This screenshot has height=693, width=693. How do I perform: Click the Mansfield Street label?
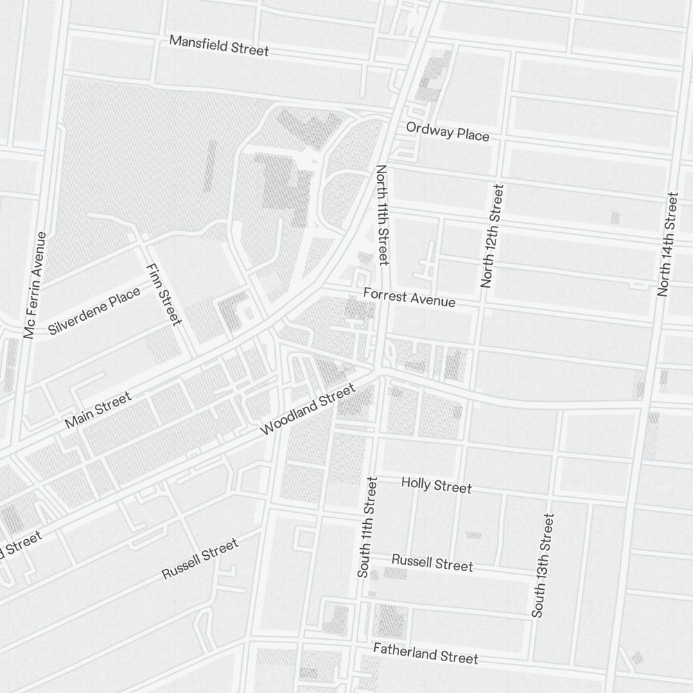click(219, 46)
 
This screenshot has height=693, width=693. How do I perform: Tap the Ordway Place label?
click(448, 131)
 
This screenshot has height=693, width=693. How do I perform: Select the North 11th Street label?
click(383, 215)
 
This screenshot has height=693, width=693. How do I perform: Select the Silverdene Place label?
click(94, 311)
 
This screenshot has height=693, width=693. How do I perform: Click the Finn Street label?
click(164, 294)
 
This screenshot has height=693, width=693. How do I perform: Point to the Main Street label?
click(98, 410)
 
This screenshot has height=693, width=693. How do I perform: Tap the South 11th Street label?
click(367, 527)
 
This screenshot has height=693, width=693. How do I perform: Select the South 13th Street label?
click(543, 565)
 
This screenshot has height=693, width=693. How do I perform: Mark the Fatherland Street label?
click(426, 653)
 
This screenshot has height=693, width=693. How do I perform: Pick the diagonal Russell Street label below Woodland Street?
click(200, 558)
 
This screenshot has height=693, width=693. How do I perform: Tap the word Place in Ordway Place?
click(472, 134)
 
